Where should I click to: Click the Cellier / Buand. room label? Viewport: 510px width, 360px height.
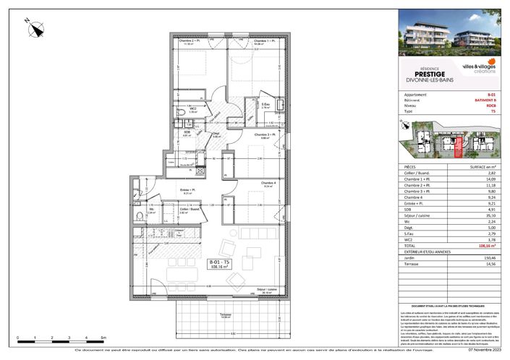pos(190,210)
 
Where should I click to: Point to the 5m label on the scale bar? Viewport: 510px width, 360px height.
pos(103,337)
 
